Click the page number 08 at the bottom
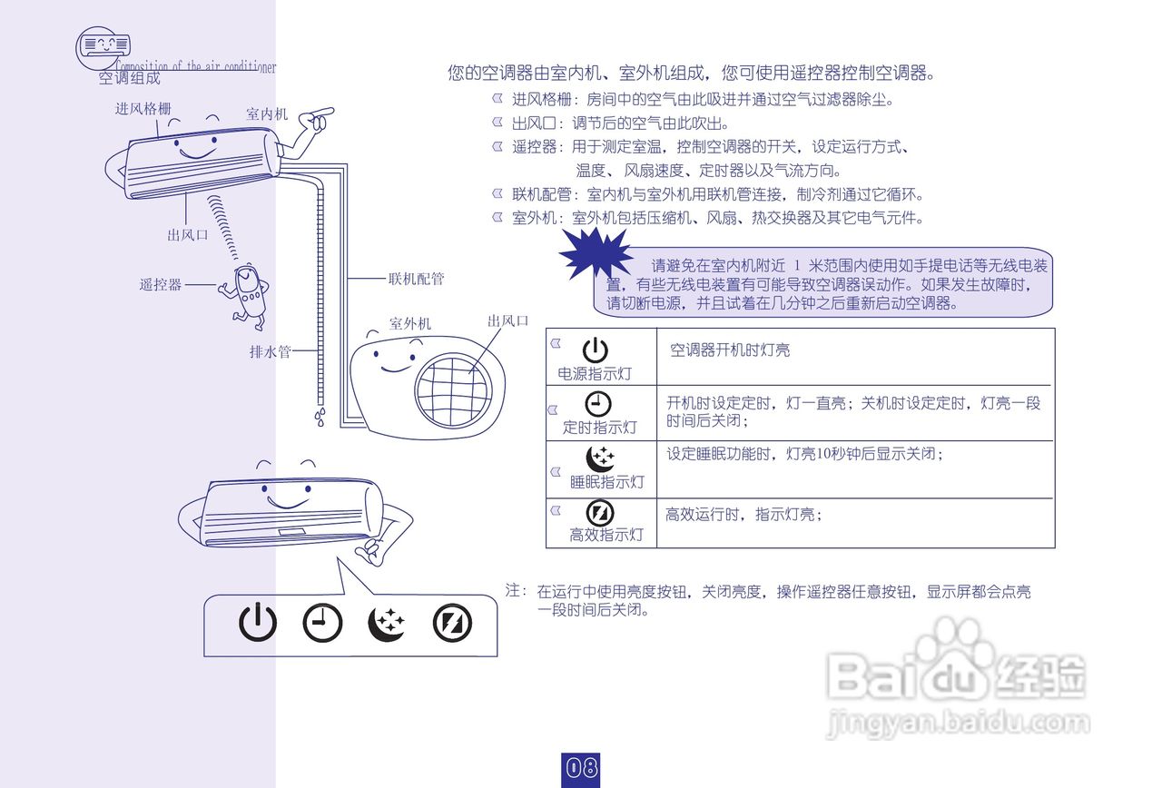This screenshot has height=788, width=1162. (x=581, y=768)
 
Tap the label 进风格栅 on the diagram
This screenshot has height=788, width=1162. (x=143, y=109)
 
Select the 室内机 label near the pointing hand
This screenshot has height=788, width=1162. (x=267, y=114)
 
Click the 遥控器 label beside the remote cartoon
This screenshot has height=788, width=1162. (x=161, y=285)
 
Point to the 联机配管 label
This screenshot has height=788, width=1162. (x=416, y=279)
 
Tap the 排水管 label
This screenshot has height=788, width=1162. (x=270, y=351)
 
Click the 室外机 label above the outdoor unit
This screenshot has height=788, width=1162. (x=410, y=323)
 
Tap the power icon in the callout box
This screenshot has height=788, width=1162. (x=258, y=623)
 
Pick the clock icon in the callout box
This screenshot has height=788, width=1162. (x=322, y=623)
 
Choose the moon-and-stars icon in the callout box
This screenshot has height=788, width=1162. (x=388, y=623)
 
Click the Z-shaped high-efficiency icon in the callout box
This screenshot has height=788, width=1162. (x=452, y=623)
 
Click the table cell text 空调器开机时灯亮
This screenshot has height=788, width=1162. (x=730, y=350)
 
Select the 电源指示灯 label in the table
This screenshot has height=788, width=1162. (x=595, y=374)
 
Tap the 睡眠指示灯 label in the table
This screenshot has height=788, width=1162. (x=606, y=481)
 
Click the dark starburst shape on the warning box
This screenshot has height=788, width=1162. (x=596, y=253)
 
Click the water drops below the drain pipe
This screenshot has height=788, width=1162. (x=320, y=417)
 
